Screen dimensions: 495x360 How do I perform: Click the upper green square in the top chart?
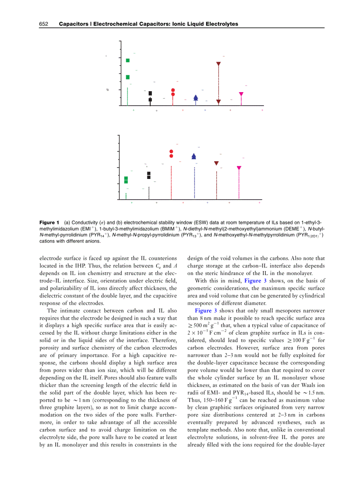(x=128, y=60)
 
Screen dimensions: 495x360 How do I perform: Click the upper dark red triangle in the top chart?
(x=218, y=64)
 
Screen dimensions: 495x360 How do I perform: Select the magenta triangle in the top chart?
(x=241, y=94)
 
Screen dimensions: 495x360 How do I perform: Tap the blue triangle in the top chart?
(x=196, y=98)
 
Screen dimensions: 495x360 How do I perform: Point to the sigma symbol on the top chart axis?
(x=107, y=90)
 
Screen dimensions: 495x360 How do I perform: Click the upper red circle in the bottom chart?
(x=171, y=152)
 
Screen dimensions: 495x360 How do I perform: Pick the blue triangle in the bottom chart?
(x=194, y=156)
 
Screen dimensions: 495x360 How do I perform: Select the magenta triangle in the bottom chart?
(x=239, y=168)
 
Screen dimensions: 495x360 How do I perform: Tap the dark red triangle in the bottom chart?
(x=216, y=163)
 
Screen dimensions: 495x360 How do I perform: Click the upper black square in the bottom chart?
(x=149, y=173)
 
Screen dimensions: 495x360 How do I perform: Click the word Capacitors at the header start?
(x=72, y=24)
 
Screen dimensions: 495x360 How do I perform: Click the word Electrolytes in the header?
(x=223, y=24)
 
